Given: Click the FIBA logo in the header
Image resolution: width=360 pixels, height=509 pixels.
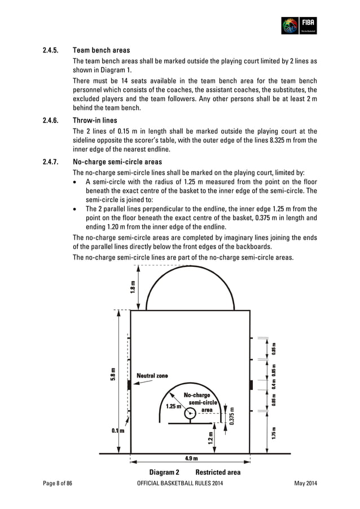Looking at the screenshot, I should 298,25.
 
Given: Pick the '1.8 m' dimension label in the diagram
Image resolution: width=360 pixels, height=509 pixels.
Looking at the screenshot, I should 133,286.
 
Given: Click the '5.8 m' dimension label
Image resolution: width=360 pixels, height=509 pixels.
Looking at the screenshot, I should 114,374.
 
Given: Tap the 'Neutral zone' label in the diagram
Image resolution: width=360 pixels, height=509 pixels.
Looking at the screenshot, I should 152,376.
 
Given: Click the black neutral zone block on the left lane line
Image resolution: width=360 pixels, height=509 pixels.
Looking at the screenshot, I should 130,385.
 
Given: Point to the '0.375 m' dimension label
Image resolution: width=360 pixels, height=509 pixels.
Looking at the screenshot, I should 231,417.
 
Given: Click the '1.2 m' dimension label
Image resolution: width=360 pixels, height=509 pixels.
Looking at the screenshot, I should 210,438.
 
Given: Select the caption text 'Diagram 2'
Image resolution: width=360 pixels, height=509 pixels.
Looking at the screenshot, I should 164,472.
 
